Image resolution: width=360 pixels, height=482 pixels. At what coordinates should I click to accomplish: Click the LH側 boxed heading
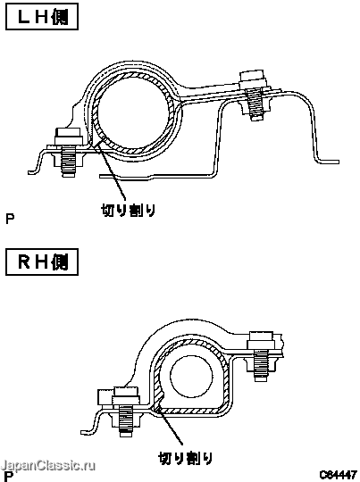click(x=42, y=17)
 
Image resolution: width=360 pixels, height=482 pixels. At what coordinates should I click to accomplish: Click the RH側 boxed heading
click(x=42, y=262)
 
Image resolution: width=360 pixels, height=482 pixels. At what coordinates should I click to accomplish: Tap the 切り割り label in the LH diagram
click(x=128, y=211)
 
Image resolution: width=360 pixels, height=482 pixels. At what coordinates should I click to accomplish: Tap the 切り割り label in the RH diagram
click(x=186, y=458)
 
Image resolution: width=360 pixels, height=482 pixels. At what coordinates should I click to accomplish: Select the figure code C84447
click(x=338, y=475)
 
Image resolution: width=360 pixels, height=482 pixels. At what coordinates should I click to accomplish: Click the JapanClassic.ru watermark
click(x=47, y=465)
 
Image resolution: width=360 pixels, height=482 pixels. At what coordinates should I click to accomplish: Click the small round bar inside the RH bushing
click(x=191, y=376)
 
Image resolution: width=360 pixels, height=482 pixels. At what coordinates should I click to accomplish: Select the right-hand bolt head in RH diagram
click(x=260, y=340)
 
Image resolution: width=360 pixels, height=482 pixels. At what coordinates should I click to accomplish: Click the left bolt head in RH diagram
click(x=126, y=395)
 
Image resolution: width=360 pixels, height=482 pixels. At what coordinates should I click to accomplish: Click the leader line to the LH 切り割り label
click(x=112, y=170)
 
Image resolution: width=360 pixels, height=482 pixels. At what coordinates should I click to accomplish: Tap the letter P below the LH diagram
click(x=10, y=219)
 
